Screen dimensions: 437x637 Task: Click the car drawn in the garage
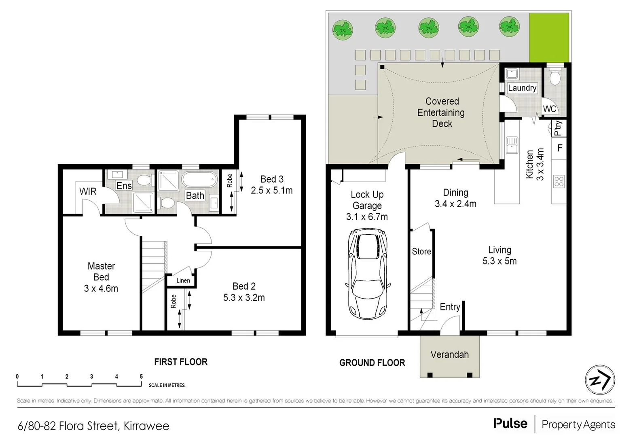pyautogui.click(x=367, y=274)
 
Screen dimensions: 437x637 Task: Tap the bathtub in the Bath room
pyautogui.click(x=199, y=179)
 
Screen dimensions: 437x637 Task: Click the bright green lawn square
pyautogui.click(x=549, y=38)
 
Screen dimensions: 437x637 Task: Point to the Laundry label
pyautogui.click(x=522, y=88)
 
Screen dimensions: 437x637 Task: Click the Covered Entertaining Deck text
pyautogui.click(x=442, y=112)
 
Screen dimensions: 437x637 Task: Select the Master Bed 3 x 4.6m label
pyautogui.click(x=101, y=277)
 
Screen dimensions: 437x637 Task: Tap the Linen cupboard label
pyautogui.click(x=183, y=280)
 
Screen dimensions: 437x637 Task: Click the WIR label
pyautogui.click(x=88, y=191)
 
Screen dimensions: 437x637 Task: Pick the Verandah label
pyautogui.click(x=449, y=354)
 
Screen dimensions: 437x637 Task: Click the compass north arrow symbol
pyautogui.click(x=600, y=380)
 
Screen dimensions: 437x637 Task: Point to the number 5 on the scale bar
pyautogui.click(x=141, y=376)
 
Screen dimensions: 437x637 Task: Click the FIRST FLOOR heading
pyautogui.click(x=181, y=362)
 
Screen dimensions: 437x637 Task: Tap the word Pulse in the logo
pyautogui.click(x=510, y=424)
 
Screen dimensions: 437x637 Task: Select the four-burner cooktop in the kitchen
pyautogui.click(x=559, y=181)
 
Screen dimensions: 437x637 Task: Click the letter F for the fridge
pyautogui.click(x=560, y=148)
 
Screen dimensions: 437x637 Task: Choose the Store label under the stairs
pyautogui.click(x=421, y=251)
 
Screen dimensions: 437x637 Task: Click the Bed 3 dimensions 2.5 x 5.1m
pyautogui.click(x=271, y=190)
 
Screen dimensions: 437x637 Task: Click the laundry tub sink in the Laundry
pyautogui.click(x=512, y=74)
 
